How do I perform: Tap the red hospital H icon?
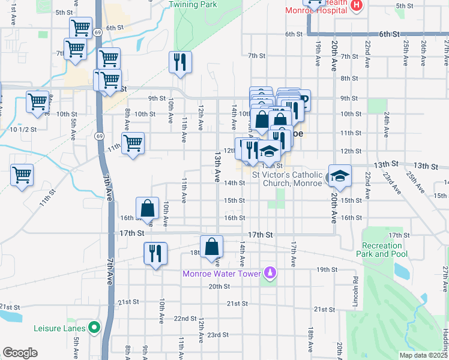click(x=357, y=5)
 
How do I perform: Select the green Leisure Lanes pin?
click(x=94, y=328)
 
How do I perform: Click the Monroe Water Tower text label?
click(x=222, y=274)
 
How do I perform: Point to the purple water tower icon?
click(x=270, y=274)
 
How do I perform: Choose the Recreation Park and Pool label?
click(x=382, y=250)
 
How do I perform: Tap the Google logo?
click(x=20, y=353)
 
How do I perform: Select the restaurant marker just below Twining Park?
click(x=180, y=62)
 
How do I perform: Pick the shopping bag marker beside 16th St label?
click(x=148, y=209)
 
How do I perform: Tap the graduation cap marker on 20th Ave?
click(x=340, y=175)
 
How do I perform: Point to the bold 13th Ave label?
click(x=217, y=167)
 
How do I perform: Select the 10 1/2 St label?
click(x=23, y=129)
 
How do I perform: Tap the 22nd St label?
click(x=185, y=319)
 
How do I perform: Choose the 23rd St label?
click(x=218, y=335)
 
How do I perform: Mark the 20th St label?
click(x=219, y=287)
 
